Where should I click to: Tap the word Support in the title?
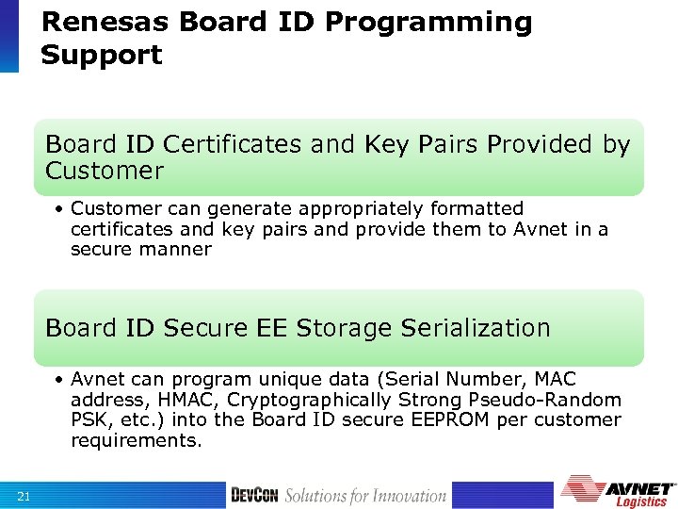point(102,55)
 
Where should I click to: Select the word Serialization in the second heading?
point(476,328)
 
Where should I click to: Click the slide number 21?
point(24,496)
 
